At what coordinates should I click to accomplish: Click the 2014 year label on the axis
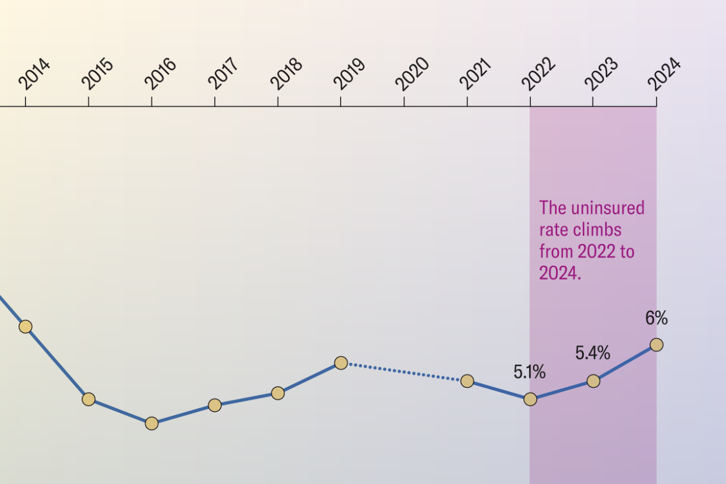(x=35, y=74)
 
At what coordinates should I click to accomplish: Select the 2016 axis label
(x=161, y=74)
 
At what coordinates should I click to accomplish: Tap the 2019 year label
(x=349, y=74)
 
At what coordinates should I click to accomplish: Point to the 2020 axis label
(x=413, y=74)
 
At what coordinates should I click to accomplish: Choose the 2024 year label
(x=665, y=74)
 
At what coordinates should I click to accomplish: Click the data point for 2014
(x=25, y=326)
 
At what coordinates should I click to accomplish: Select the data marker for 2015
(x=89, y=399)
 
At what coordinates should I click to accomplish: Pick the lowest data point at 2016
(x=152, y=423)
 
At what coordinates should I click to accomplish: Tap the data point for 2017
(x=215, y=405)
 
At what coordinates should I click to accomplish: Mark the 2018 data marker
(x=278, y=393)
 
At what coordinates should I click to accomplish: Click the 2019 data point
(x=341, y=362)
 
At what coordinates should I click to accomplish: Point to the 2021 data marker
(x=467, y=381)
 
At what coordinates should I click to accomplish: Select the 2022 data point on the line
(x=530, y=399)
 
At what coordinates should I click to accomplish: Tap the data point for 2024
(x=657, y=344)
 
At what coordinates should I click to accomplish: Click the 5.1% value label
(x=529, y=373)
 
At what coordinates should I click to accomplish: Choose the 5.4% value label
(x=593, y=354)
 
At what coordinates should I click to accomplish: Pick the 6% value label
(x=657, y=318)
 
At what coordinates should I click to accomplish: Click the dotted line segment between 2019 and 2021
(x=404, y=372)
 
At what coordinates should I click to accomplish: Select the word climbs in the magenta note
(x=596, y=230)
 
